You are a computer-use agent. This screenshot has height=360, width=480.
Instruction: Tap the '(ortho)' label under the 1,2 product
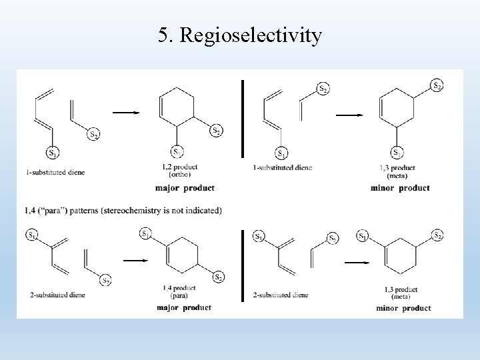[x=175, y=173]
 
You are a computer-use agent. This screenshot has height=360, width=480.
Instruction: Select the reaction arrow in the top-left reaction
[x=127, y=113]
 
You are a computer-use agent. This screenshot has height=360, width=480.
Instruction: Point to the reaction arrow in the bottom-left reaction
[x=135, y=260]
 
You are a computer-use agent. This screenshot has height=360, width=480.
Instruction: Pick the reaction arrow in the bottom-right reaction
[x=357, y=262]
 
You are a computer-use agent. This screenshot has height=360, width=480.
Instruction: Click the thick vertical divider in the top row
[x=243, y=119]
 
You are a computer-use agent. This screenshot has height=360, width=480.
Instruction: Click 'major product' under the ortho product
[x=185, y=187]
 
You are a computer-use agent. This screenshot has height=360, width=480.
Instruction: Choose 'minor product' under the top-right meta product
[x=401, y=187]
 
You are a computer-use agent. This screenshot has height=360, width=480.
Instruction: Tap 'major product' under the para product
[x=183, y=307]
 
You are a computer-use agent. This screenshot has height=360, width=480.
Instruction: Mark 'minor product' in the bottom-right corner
[x=403, y=308]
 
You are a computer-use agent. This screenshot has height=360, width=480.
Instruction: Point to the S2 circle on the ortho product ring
[x=215, y=131]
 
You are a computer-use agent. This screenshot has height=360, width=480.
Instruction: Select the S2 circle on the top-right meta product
[x=437, y=85]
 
